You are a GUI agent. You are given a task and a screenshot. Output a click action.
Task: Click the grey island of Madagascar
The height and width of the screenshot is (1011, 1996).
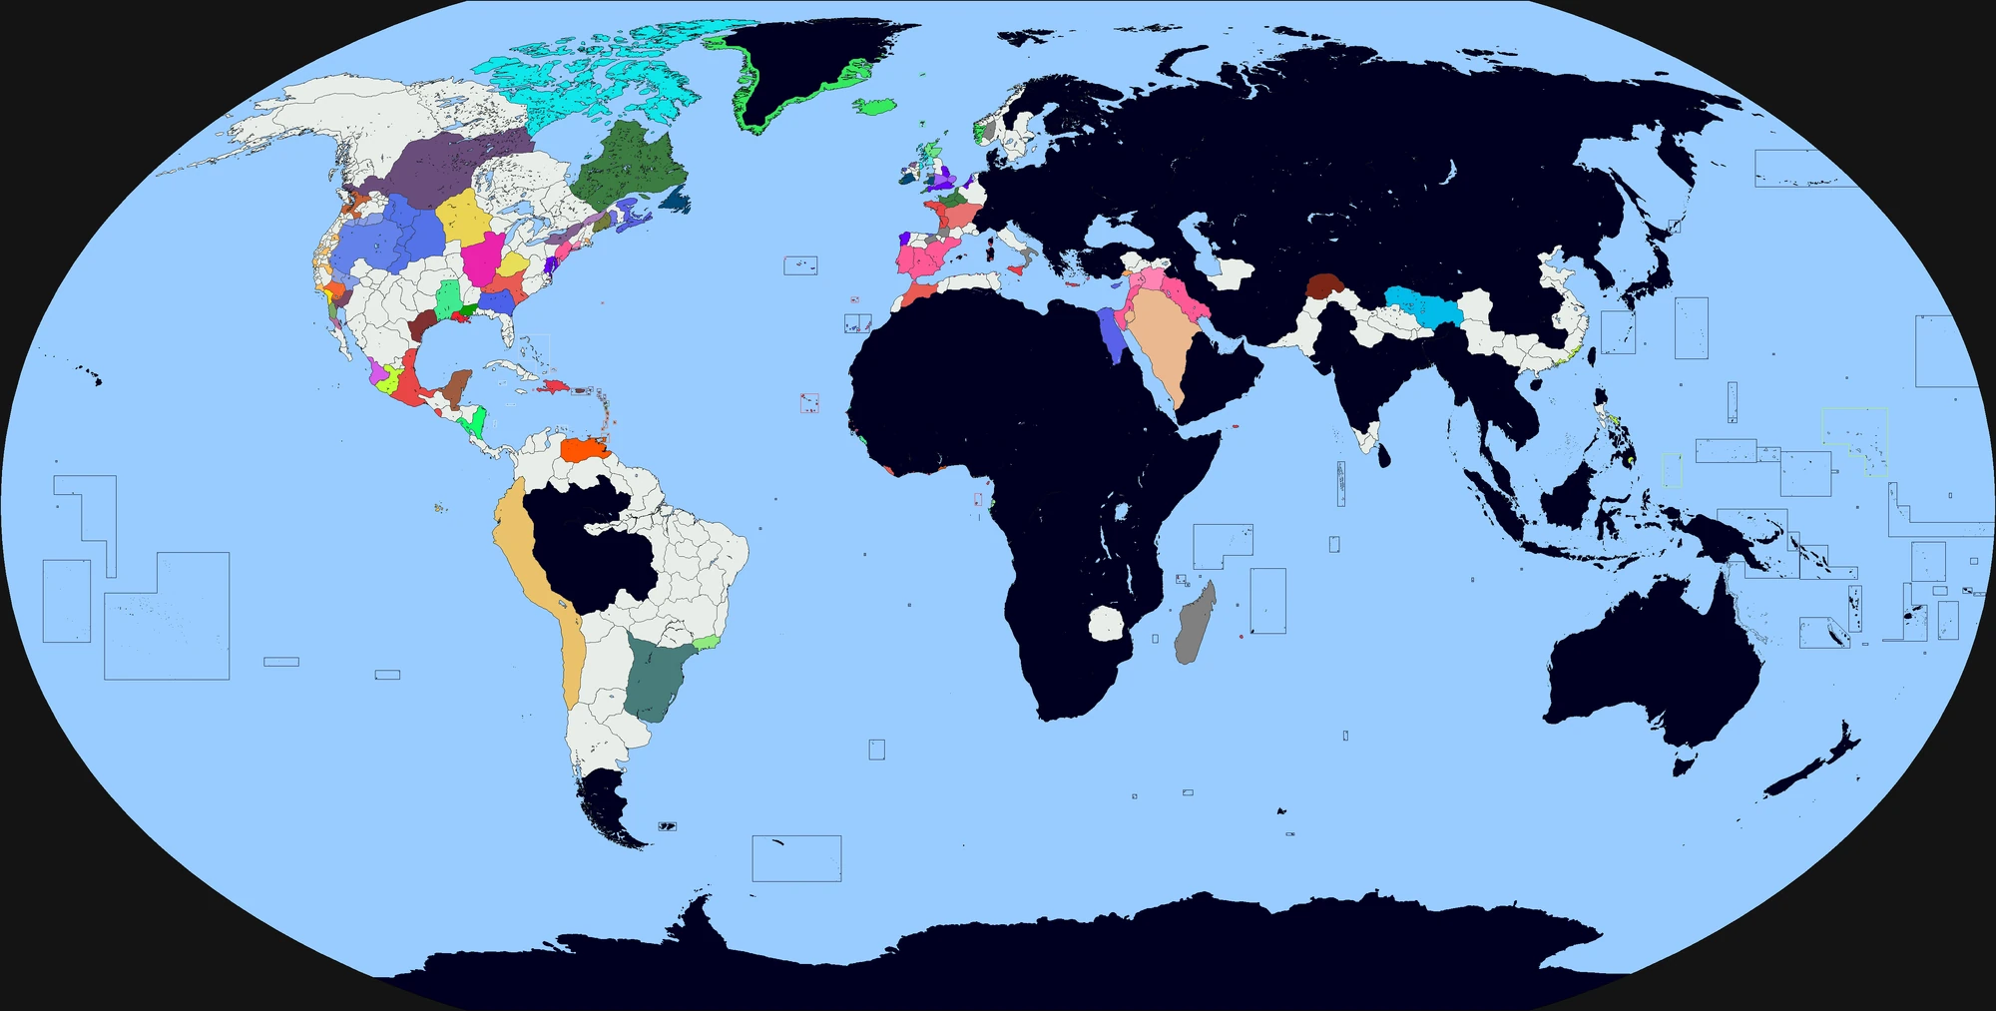[x=1194, y=624]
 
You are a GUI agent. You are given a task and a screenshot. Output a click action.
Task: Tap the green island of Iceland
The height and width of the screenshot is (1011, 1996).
[x=875, y=105]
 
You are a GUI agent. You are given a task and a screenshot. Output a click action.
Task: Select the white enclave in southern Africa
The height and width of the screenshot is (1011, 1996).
[x=1106, y=624]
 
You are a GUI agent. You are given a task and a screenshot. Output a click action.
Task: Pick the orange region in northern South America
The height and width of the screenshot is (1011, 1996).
[x=583, y=449]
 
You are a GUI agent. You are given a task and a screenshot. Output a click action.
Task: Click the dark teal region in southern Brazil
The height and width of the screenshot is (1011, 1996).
[x=654, y=679]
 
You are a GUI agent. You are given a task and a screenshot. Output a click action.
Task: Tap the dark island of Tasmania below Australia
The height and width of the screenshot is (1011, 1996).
[x=1685, y=766]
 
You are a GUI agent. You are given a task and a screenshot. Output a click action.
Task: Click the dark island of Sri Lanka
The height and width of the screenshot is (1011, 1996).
[x=1383, y=456]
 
